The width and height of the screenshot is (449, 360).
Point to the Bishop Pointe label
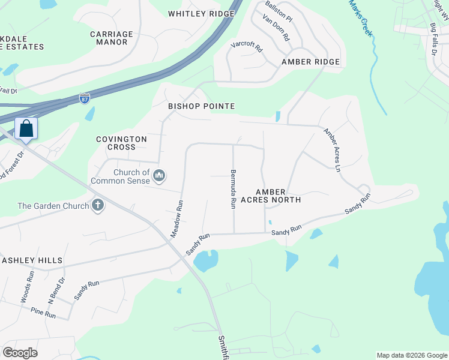pyautogui.click(x=201, y=106)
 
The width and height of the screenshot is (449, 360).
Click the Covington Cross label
pyautogui.click(x=122, y=143)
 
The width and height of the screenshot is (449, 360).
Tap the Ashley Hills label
pyautogui.click(x=32, y=260)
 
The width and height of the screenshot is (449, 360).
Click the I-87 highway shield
pyautogui.click(x=85, y=97)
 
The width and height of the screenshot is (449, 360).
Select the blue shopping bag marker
pyautogui.click(x=26, y=128)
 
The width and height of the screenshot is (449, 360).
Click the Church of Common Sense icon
pyautogui.click(x=159, y=176)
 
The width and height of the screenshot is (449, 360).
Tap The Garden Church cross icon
pyautogui.click(x=97, y=206)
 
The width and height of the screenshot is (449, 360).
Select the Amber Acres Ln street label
pyautogui.click(x=332, y=150)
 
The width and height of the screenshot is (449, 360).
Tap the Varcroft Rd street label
pyautogui.click(x=247, y=46)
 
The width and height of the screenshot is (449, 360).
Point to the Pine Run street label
pyautogui.click(x=43, y=313)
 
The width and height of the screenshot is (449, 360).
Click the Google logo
pyautogui.click(x=20, y=353)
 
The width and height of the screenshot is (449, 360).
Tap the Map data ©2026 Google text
pyautogui.click(x=412, y=355)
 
